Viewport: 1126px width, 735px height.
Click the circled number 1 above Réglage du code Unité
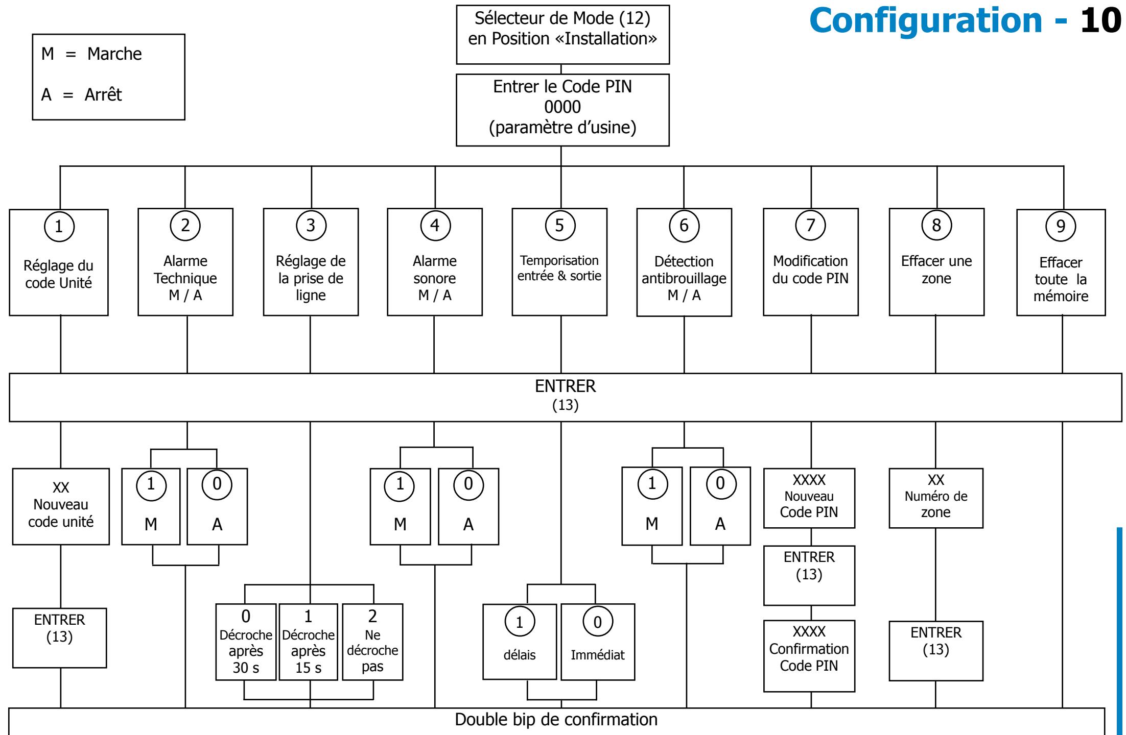[x=59, y=226]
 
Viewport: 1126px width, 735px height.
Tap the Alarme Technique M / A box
[x=185, y=262]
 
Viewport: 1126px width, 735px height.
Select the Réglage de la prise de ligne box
[x=311, y=262]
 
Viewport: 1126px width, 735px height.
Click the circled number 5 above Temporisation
[x=559, y=225]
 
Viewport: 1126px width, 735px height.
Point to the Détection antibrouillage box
[x=684, y=262]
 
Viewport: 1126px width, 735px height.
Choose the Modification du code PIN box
[x=811, y=262]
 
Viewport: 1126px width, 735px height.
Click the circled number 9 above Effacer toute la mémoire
[x=1061, y=226]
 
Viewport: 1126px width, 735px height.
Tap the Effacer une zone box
[x=936, y=262]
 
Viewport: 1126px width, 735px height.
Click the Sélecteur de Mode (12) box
[x=562, y=35]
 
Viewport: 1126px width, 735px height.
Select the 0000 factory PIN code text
[x=562, y=107]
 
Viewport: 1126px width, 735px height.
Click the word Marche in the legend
[x=114, y=54]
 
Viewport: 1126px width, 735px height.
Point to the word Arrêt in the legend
[x=103, y=94]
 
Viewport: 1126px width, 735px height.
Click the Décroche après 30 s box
[x=246, y=642]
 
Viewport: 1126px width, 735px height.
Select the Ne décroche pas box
[x=372, y=642]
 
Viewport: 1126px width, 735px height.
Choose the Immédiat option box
[x=598, y=642]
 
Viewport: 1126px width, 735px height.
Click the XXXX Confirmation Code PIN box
[x=809, y=656]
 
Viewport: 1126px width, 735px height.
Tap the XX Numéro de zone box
[x=936, y=498]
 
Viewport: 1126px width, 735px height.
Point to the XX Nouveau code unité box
[x=61, y=507]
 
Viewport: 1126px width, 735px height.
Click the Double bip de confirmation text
[x=556, y=720]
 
